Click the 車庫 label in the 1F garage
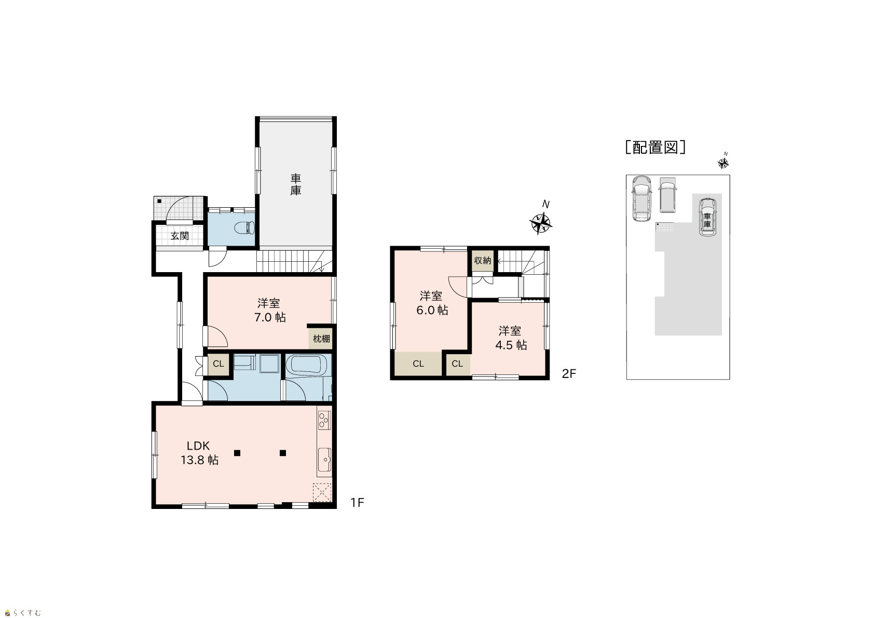(295, 185)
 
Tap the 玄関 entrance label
(180, 236)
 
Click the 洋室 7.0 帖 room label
(269, 310)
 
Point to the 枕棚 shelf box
(321, 339)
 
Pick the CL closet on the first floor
(218, 364)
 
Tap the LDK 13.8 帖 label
(199, 453)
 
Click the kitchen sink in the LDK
(324, 460)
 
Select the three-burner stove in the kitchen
(324, 420)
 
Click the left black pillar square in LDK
(237, 453)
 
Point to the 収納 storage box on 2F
(483, 260)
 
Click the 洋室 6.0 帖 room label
(432, 303)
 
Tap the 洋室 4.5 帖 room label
(511, 338)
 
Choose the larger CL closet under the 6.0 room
(418, 364)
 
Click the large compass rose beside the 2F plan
(540, 223)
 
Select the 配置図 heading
(655, 147)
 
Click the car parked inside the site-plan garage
(708, 217)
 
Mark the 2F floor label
(569, 374)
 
